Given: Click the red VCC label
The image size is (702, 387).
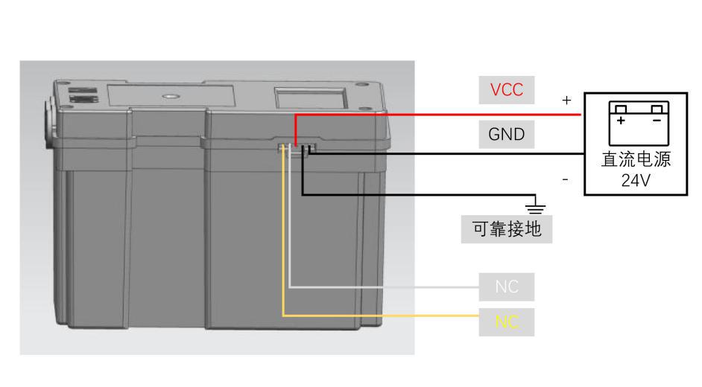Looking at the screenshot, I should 507,90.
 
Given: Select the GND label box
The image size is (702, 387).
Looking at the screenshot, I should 507,135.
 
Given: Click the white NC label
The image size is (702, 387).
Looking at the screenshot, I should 507,287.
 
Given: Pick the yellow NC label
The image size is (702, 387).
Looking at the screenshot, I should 507,322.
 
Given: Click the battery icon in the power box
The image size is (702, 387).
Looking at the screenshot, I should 639,123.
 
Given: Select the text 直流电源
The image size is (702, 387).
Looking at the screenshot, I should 636,160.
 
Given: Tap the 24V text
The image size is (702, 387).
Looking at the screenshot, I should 636,180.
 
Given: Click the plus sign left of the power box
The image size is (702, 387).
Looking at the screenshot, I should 566,100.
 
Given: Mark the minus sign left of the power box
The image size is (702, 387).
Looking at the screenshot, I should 566,179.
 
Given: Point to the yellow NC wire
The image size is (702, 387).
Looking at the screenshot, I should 373,316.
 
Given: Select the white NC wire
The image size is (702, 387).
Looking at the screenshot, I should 373,287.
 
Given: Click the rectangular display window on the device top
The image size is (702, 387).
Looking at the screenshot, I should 310,97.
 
